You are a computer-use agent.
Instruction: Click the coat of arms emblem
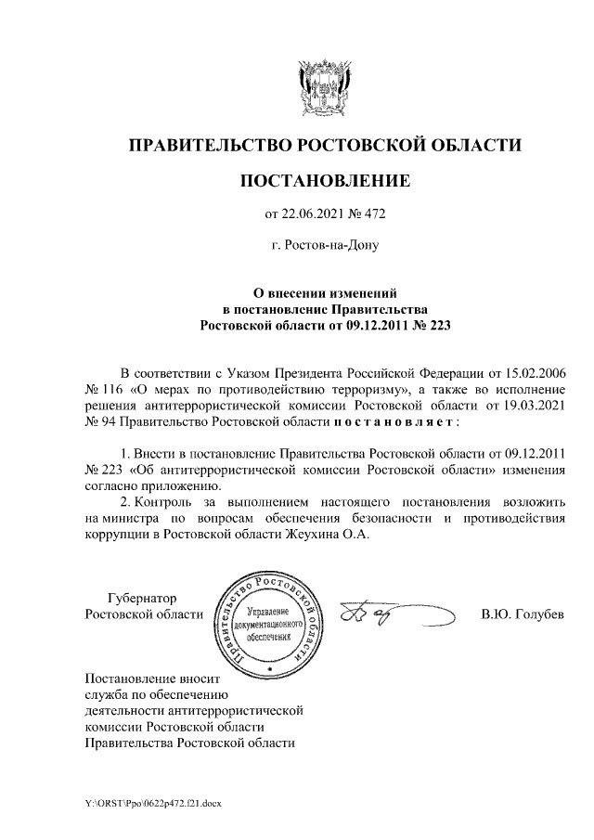point(324,87)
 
